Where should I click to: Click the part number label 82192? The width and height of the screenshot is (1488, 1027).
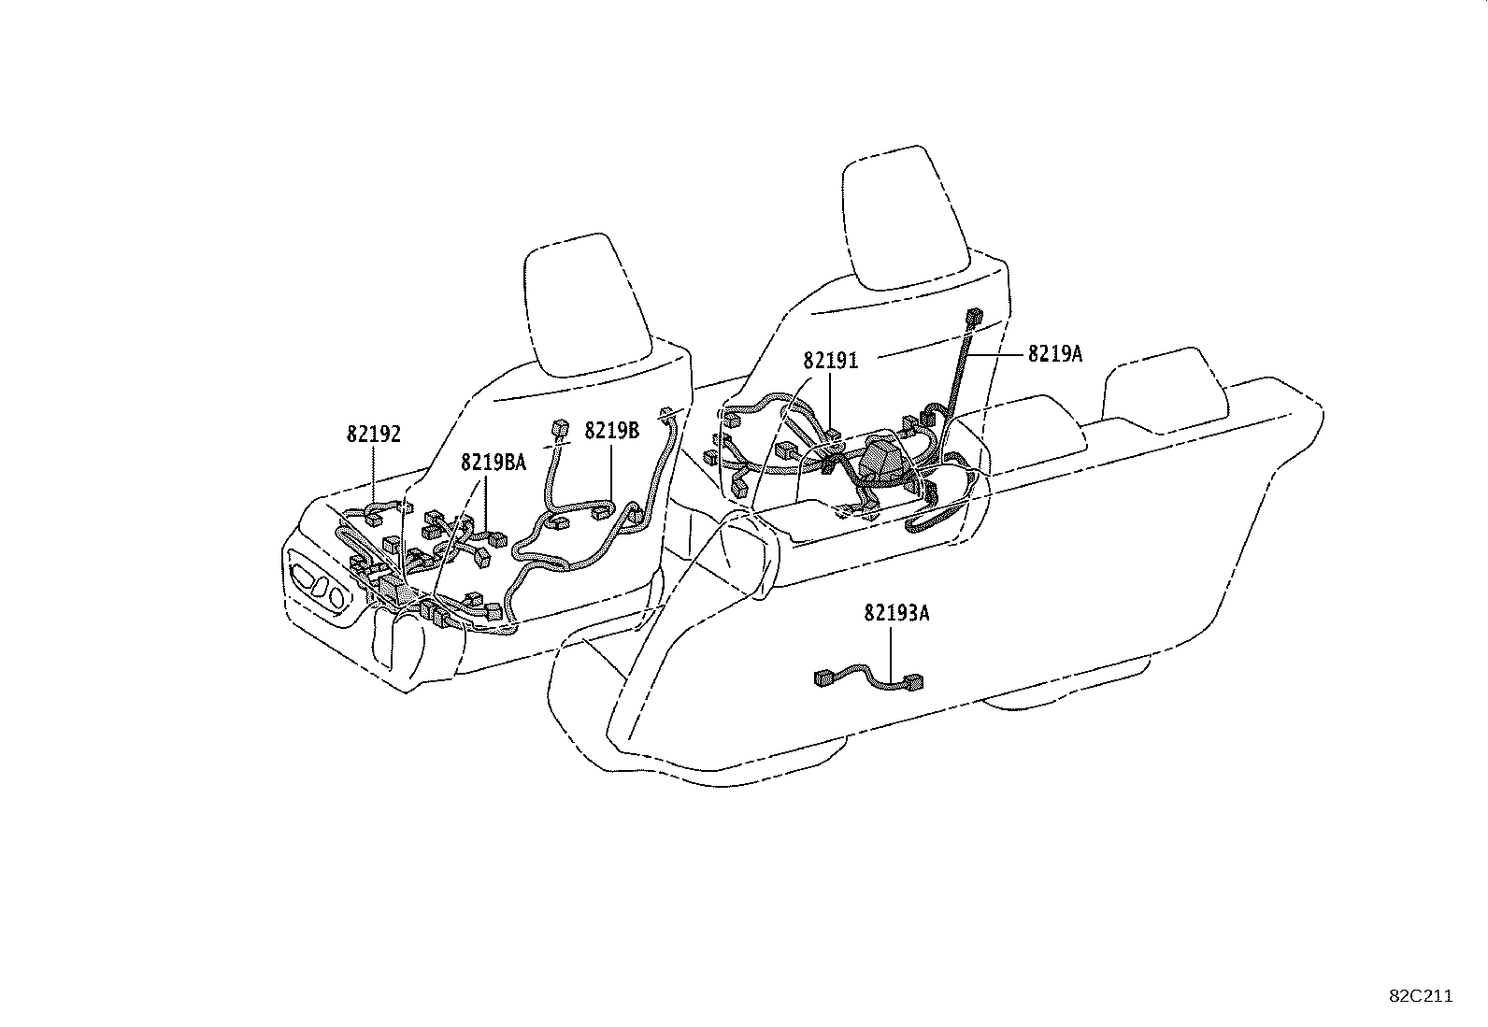tap(373, 435)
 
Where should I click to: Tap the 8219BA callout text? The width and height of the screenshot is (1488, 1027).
tap(493, 463)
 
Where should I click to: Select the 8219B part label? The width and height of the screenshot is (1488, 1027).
tap(612, 431)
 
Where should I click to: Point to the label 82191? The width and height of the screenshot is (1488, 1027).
tap(830, 361)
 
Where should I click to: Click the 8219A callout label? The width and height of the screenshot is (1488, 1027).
tap(1055, 354)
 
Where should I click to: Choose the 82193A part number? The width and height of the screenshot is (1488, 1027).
tap(896, 613)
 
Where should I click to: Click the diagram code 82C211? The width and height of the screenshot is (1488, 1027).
tap(1421, 996)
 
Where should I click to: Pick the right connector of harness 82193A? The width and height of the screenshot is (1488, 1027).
tap(914, 681)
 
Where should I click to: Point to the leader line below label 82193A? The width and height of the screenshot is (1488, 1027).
tap(891, 653)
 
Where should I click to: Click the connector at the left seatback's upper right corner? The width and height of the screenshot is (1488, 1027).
tap(665, 416)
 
